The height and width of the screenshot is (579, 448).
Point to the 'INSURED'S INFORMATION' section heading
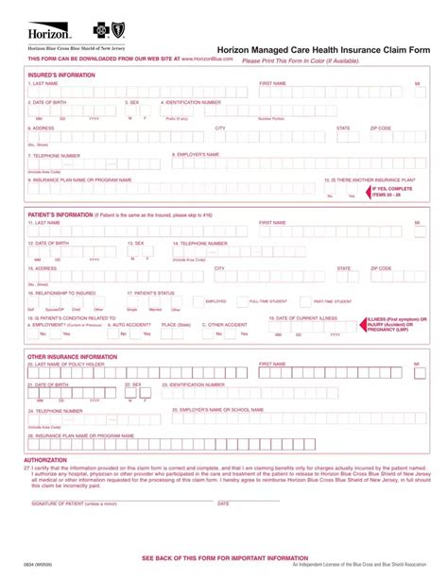pyautogui.click(x=61, y=74)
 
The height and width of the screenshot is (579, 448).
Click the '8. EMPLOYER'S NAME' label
pyautogui.click(x=196, y=153)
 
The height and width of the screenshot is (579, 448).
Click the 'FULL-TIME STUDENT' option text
pyautogui.click(x=267, y=300)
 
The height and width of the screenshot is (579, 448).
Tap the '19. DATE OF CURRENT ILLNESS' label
pyautogui.click(x=302, y=318)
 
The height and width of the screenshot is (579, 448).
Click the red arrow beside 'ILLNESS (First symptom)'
pyautogui.click(x=360, y=323)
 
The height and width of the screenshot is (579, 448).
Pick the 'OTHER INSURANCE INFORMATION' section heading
pyautogui.click(x=73, y=357)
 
